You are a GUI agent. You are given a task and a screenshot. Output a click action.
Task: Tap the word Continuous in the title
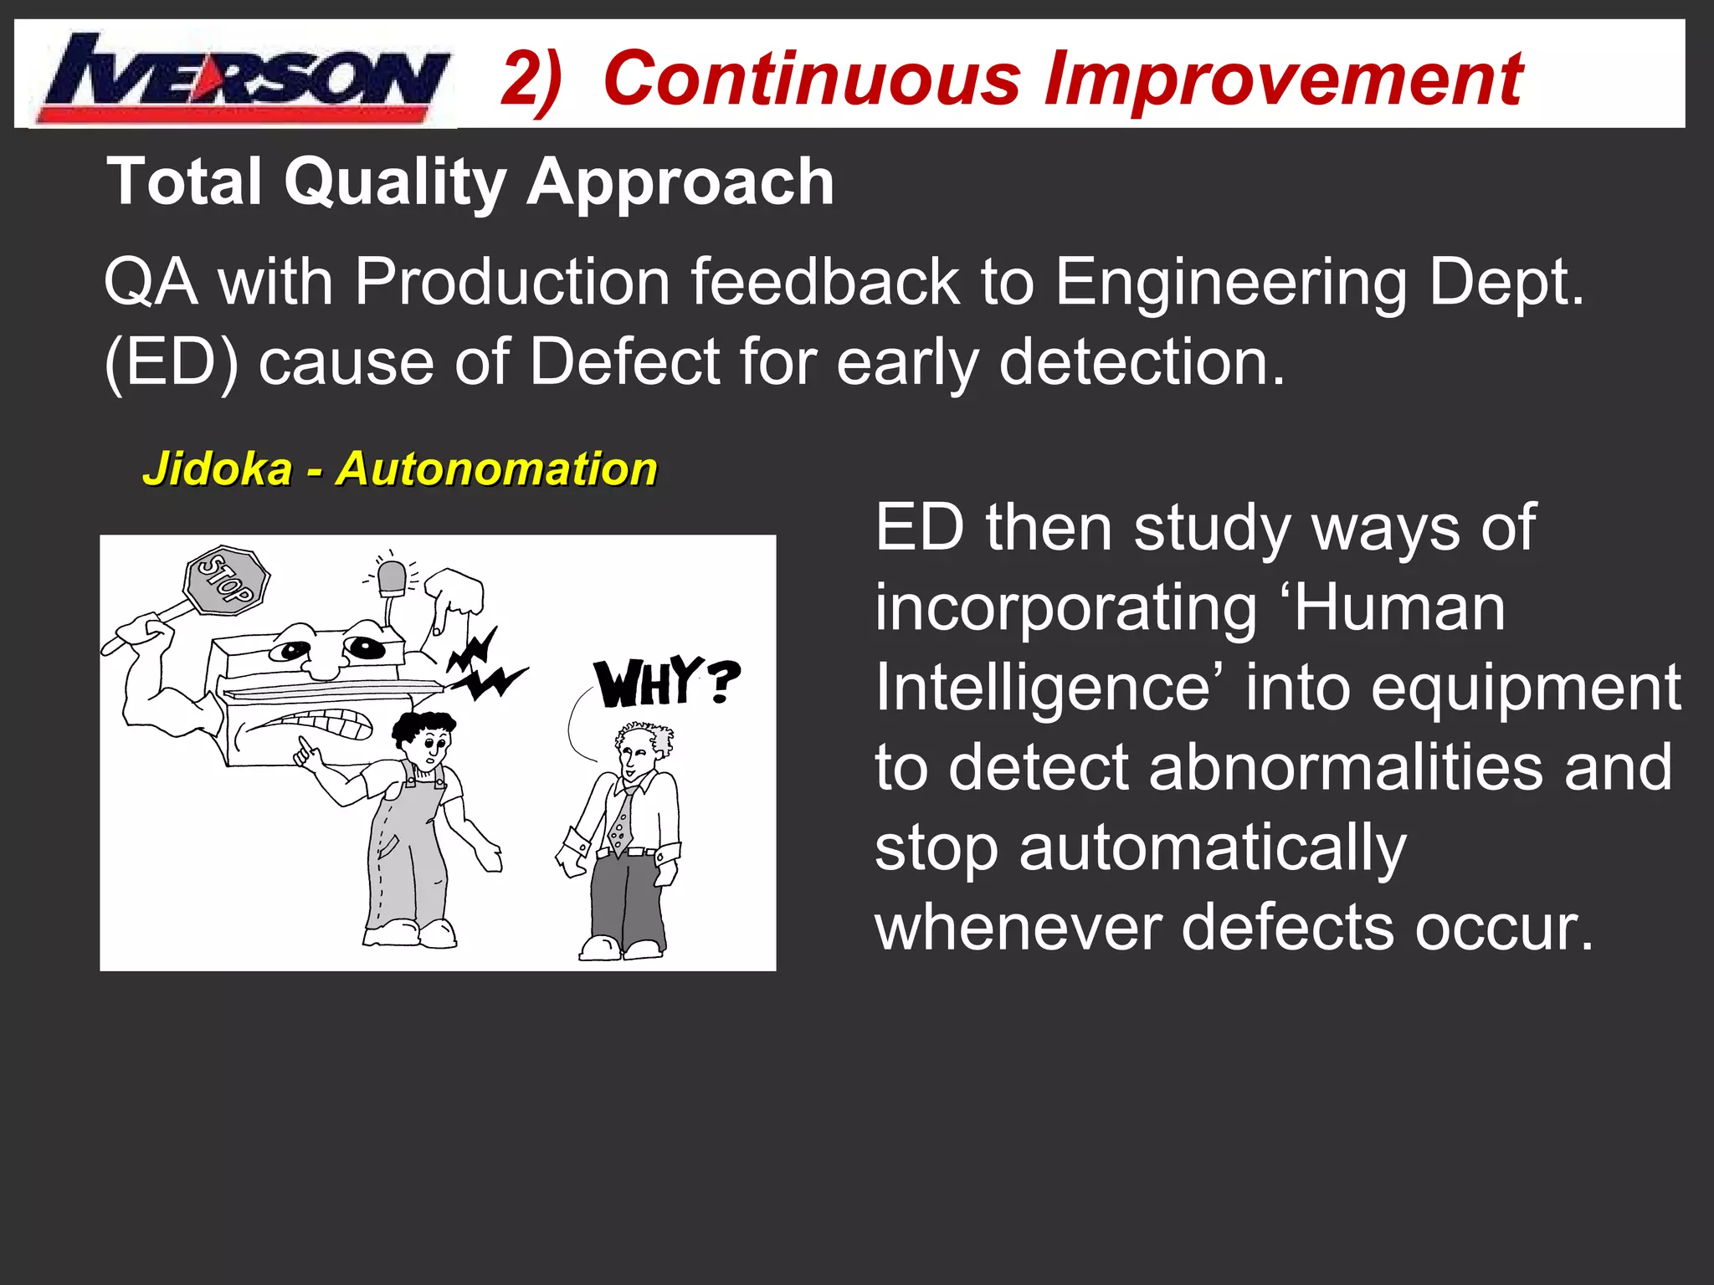[x=812, y=79]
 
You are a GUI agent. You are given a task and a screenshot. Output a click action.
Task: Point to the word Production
[x=512, y=283]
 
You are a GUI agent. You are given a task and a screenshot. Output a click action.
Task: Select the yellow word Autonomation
[x=497, y=468]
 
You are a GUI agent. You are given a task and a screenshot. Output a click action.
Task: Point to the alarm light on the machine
[x=392, y=577]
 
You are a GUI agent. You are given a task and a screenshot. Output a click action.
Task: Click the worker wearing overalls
[x=410, y=828]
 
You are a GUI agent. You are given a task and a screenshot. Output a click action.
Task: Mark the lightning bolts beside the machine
[x=484, y=665]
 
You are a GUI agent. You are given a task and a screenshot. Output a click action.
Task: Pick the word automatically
[x=1212, y=848]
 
